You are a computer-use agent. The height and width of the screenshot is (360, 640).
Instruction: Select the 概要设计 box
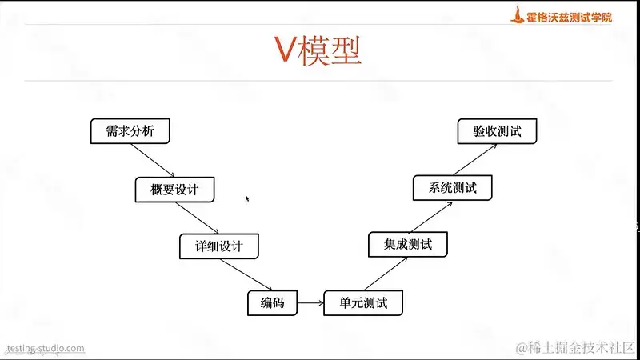click(174, 189)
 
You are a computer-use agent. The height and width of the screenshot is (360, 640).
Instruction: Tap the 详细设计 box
click(220, 246)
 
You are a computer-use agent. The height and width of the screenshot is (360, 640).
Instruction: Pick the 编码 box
click(272, 303)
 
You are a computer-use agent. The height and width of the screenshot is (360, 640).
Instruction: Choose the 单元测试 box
click(362, 303)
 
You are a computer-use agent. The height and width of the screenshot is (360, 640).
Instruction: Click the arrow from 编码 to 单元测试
click(310, 303)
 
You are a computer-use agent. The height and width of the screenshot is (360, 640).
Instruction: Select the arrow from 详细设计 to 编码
click(246, 274)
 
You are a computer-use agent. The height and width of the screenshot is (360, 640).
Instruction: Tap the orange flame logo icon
click(519, 14)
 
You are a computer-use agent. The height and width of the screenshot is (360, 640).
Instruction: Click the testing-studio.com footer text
click(46, 348)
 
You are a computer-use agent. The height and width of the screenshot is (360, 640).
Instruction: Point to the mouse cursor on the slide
click(247, 198)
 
